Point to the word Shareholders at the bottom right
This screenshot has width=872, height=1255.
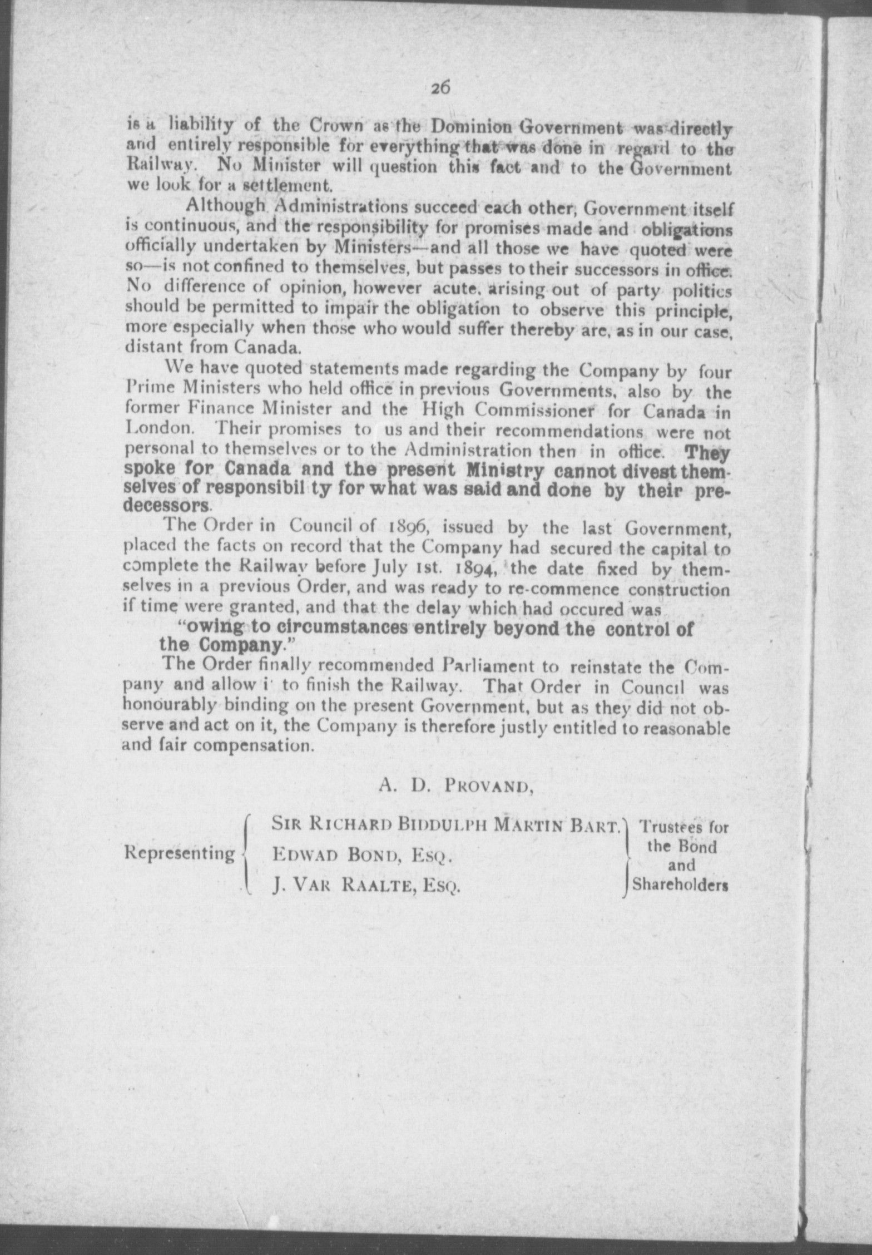(680, 884)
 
